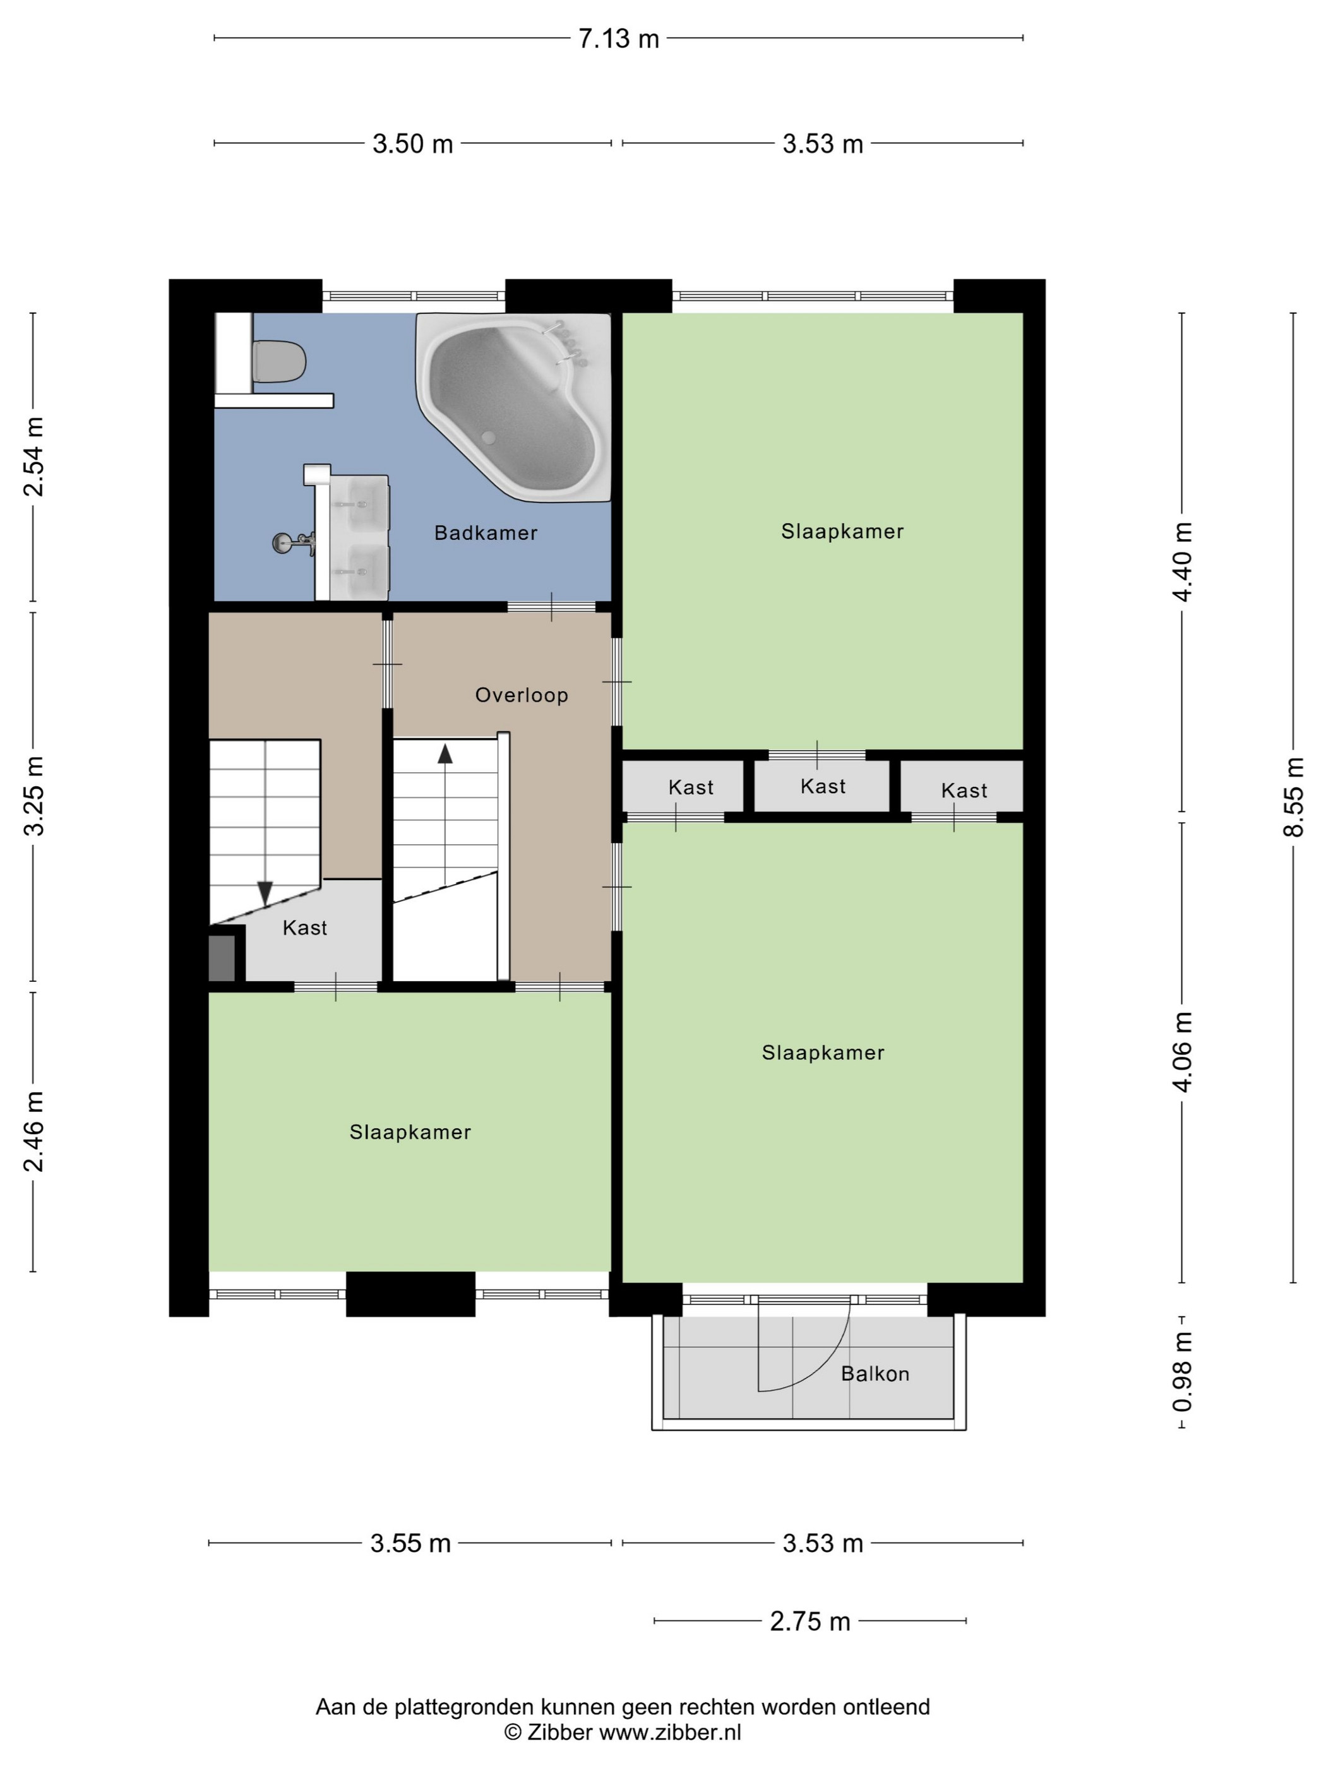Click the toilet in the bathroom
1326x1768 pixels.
point(278,361)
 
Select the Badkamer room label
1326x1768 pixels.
point(486,533)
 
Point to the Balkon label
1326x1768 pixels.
point(875,1374)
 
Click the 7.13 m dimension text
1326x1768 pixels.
point(619,39)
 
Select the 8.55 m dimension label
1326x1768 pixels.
point(1294,797)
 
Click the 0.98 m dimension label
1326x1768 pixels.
point(1183,1371)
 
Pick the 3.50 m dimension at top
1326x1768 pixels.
point(412,144)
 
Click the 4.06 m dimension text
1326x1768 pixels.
point(1183,1052)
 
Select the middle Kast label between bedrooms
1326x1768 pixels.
point(823,787)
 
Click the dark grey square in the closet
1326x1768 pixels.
point(222,957)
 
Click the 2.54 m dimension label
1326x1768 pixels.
point(33,457)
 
